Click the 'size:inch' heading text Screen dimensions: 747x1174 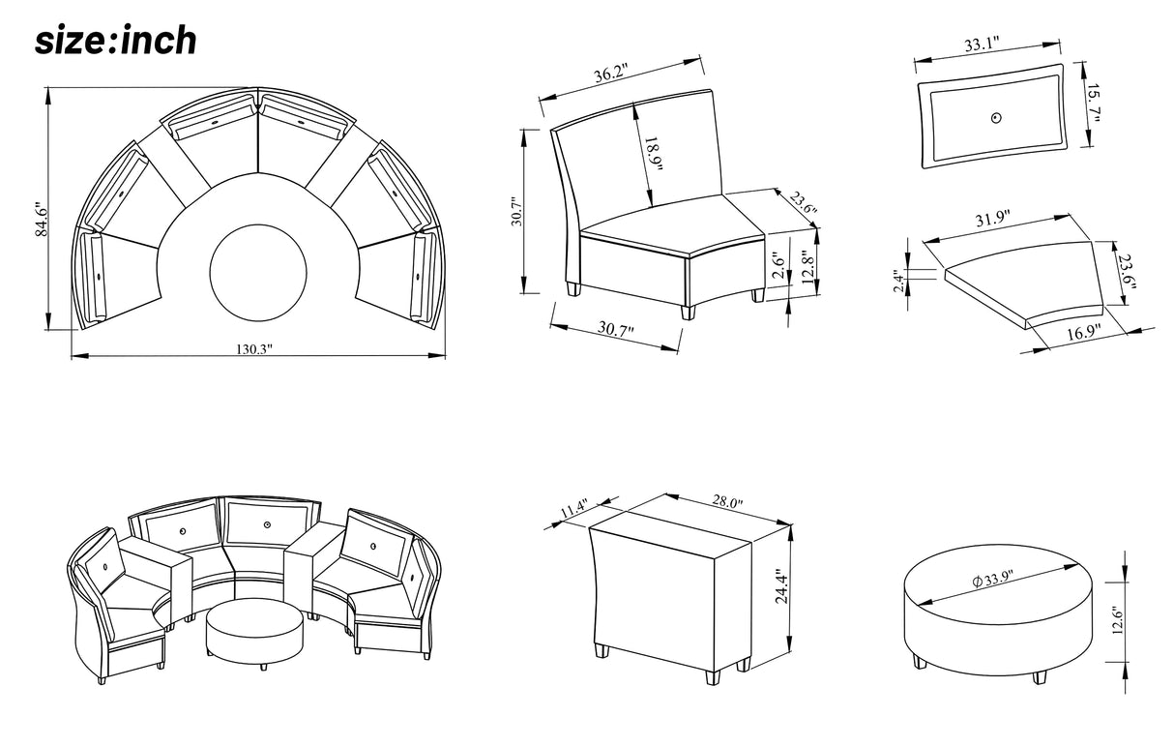[x=116, y=40]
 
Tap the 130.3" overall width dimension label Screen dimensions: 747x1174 [x=255, y=348]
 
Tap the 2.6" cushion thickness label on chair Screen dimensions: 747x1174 [x=779, y=264]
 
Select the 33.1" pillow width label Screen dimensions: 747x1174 [x=983, y=44]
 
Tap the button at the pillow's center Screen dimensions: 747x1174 [x=997, y=119]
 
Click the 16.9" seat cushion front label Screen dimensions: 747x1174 [x=1082, y=335]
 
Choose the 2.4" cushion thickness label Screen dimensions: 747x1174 [x=899, y=282]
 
